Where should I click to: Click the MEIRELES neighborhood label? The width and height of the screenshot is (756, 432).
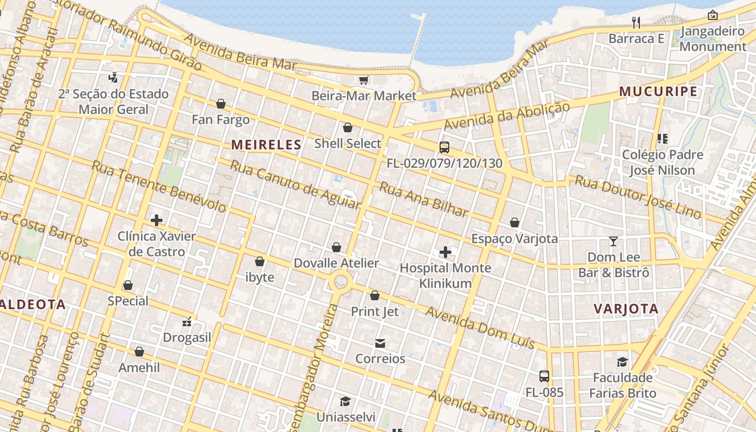coord(266,145)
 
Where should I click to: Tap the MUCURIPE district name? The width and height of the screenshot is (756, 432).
coord(658,91)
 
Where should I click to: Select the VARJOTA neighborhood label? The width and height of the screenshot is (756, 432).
coord(626,309)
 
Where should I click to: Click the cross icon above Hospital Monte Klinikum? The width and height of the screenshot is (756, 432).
coord(446,252)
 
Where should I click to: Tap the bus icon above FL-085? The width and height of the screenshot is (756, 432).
coord(544,376)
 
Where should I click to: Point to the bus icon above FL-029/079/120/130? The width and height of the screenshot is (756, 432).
coord(444,147)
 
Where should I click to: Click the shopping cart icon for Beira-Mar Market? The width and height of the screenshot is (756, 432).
coord(363,80)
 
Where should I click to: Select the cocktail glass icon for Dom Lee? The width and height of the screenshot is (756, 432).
coord(613,241)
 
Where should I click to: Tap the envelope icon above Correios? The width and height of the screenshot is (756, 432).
coord(380,343)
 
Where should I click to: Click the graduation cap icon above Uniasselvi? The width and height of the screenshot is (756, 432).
coord(345,401)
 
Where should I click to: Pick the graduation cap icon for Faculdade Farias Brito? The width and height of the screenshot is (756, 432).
coord(623,362)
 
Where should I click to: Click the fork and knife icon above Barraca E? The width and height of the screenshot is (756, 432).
coord(636,23)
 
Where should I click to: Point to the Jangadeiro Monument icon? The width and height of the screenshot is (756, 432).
coord(713,15)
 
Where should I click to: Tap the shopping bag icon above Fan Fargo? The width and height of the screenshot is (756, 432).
coord(221,104)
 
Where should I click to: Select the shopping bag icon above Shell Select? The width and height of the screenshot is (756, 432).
coord(348,128)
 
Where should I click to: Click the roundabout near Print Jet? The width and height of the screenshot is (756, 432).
coord(341,281)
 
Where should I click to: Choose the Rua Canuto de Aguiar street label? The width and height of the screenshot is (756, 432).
coord(295,184)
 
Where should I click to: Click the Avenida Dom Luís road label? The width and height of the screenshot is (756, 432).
coord(480,327)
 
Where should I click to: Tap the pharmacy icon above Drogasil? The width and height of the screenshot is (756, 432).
coord(187,322)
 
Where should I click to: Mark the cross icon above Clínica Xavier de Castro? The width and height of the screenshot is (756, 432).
coord(157,220)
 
